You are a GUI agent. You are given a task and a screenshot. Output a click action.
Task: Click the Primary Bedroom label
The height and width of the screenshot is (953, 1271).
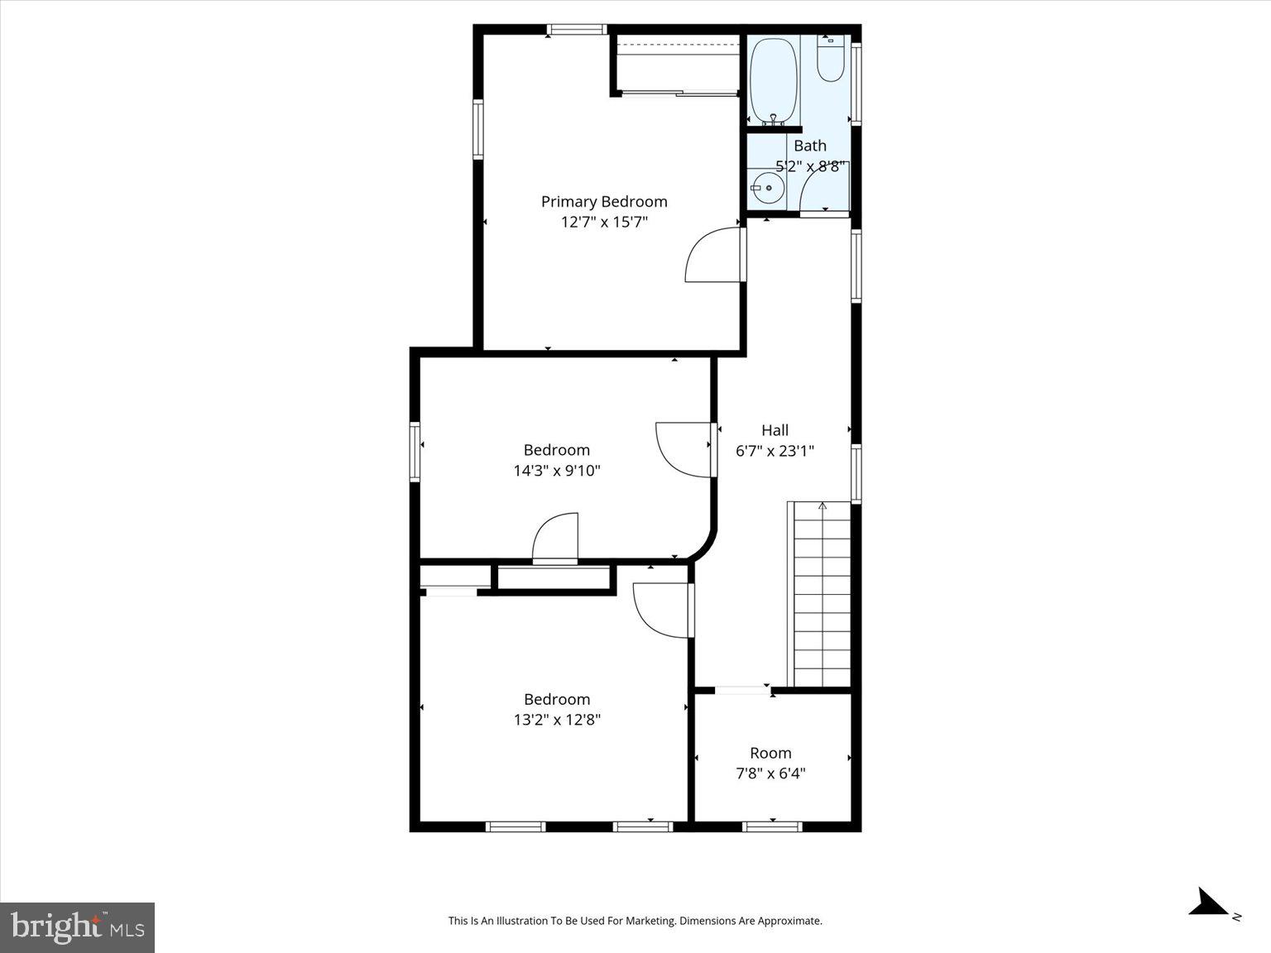point(604,201)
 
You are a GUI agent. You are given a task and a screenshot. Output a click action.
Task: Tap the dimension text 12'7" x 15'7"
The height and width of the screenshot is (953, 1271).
point(604,222)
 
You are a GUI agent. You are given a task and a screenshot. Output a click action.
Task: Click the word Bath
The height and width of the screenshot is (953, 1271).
point(810,146)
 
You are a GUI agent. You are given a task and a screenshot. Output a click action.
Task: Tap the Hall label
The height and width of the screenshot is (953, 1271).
point(775,430)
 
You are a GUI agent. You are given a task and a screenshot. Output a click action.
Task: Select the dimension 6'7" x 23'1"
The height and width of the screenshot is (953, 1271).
point(775,451)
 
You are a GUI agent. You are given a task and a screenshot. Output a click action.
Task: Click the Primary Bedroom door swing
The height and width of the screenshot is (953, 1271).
point(713,256)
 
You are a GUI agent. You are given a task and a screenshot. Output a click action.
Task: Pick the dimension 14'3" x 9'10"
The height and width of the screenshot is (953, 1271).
point(557,471)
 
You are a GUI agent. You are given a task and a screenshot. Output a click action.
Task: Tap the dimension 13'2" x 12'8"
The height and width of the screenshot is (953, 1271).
point(557,720)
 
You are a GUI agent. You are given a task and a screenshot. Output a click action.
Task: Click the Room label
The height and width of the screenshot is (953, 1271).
point(770,753)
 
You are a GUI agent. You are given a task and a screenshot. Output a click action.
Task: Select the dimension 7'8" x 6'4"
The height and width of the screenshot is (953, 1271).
point(770,773)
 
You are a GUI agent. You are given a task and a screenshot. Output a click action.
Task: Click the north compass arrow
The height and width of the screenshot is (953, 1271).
point(1210,903)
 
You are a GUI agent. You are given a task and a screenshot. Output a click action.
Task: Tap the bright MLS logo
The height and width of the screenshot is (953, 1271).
point(78,927)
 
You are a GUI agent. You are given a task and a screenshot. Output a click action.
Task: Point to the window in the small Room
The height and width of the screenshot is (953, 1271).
point(772,826)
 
